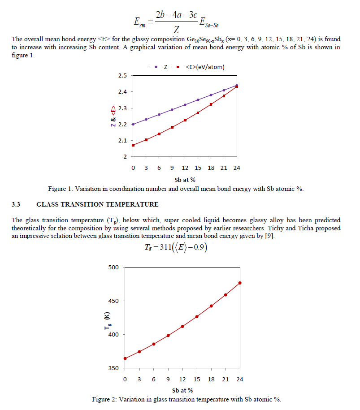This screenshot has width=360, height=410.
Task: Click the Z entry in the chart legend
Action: click(x=165, y=67)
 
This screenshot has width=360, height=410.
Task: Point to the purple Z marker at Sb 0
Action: click(x=133, y=124)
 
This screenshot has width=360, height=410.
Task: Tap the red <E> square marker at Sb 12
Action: click(x=185, y=120)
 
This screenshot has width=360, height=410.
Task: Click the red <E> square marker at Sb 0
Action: click(x=133, y=145)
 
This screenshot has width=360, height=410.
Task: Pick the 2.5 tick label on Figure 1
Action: click(x=122, y=76)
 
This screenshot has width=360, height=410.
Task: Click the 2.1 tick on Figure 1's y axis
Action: click(x=122, y=141)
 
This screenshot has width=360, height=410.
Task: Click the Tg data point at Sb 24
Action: click(x=240, y=283)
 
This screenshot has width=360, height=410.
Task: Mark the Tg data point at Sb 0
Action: click(x=125, y=358)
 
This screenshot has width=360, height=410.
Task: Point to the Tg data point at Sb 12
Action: click(x=182, y=326)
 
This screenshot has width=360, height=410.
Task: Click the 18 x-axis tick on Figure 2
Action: click(x=211, y=380)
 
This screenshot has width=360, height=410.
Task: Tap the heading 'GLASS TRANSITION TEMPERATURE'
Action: click(x=97, y=205)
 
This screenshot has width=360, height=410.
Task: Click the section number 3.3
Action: click(x=16, y=205)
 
